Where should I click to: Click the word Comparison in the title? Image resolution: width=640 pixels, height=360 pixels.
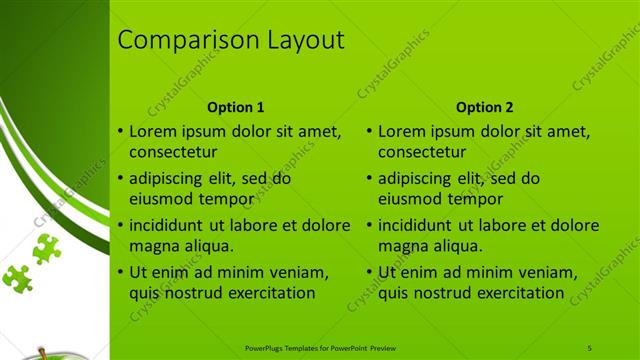[x=186, y=41]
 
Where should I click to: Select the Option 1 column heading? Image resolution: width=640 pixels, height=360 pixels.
[x=236, y=107]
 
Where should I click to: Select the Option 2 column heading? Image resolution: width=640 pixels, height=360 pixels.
[x=485, y=107]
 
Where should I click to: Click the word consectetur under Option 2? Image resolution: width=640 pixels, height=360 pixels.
[x=422, y=153]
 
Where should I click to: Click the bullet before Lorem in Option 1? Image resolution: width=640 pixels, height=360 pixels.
[x=120, y=131]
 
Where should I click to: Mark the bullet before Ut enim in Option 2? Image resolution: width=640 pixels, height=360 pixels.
[x=369, y=272]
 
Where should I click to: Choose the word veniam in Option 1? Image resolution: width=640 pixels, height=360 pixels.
[x=300, y=271]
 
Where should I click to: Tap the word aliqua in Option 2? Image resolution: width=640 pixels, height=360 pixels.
[x=456, y=246]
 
